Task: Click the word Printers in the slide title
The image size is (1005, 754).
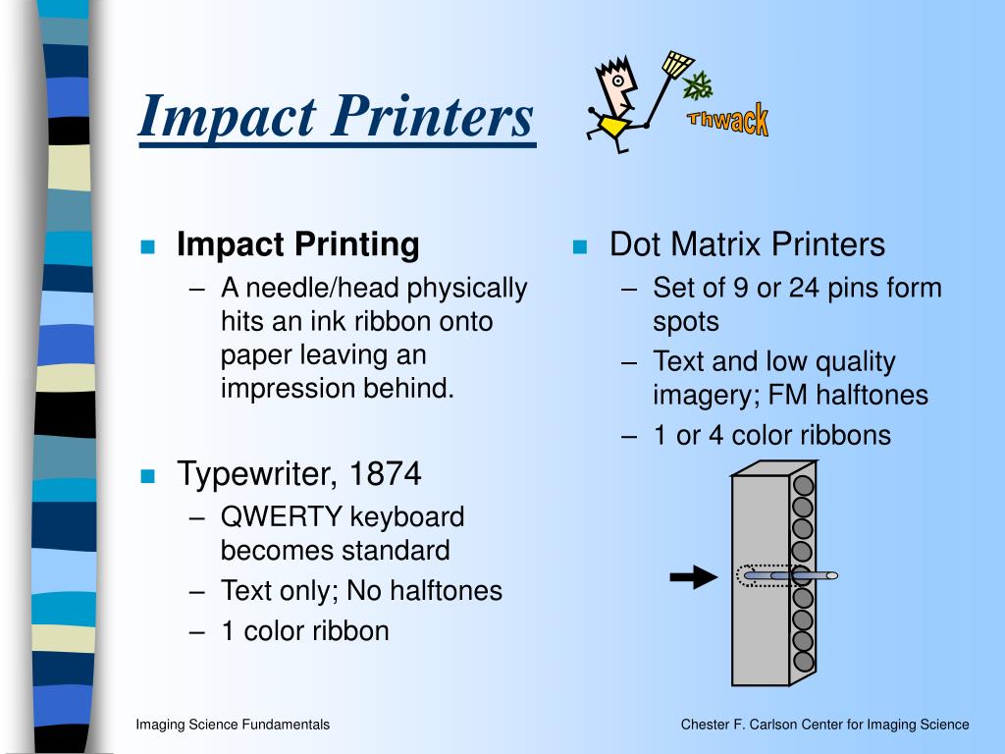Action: pos(431,116)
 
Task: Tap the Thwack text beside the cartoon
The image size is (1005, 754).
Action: pos(728,122)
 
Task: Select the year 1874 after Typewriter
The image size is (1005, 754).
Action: pos(385,475)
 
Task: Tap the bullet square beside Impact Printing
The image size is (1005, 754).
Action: pos(148,246)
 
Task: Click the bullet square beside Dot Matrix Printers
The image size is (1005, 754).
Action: pos(580,246)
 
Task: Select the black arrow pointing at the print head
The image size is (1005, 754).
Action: pos(693,577)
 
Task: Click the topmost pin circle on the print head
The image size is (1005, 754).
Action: pos(803,485)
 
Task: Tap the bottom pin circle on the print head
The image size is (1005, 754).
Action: pos(803,660)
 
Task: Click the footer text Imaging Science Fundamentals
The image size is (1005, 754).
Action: pos(233,725)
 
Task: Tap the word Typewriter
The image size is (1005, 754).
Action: pos(257,475)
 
